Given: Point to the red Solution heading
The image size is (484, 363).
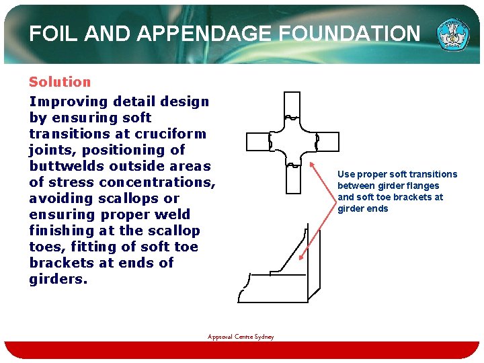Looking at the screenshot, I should click(59, 82).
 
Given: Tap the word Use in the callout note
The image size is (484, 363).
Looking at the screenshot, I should click(346, 174).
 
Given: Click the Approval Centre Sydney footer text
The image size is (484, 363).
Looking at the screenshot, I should click(241, 337).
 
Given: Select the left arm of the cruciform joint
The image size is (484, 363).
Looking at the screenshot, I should click(258, 142).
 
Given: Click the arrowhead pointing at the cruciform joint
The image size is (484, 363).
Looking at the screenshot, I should click(314, 163).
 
